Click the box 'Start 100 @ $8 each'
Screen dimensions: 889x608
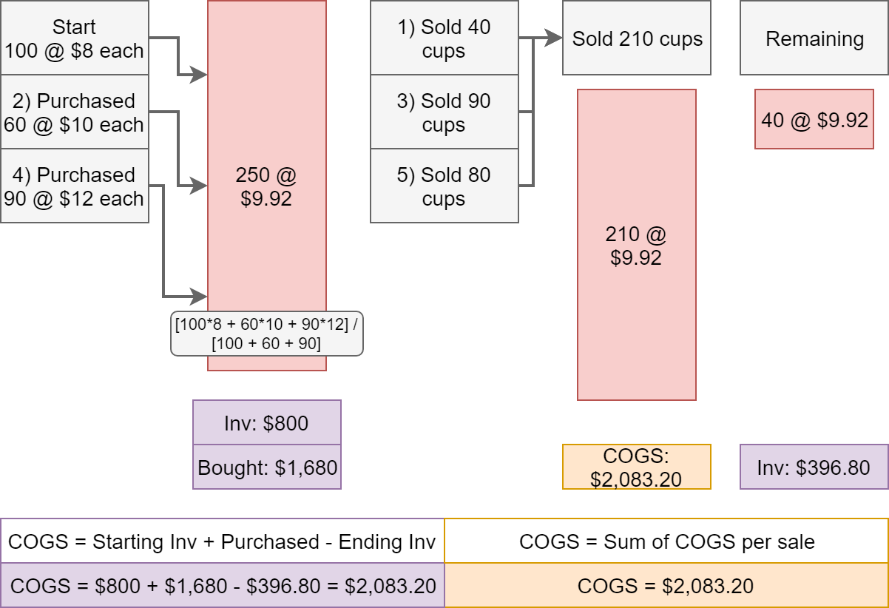[75, 38]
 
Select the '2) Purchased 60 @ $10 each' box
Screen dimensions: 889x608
[75, 112]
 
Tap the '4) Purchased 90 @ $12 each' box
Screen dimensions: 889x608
[75, 186]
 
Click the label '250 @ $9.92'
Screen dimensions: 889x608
[266, 186]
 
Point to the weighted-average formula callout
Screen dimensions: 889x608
[267, 334]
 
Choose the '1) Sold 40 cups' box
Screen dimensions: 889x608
[444, 38]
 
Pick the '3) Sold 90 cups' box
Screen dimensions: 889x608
[444, 112]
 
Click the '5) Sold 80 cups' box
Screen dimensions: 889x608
[444, 186]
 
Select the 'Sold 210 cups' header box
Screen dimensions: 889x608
[637, 38]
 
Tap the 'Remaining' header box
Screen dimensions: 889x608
[814, 38]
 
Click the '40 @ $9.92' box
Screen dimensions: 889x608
[814, 119]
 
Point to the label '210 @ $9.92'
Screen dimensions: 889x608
[636, 246]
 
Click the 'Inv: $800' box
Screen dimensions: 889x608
[267, 422]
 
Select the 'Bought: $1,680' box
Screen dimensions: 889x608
[267, 467]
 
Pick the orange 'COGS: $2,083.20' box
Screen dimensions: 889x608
[637, 467]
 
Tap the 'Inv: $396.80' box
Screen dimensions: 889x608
[814, 467]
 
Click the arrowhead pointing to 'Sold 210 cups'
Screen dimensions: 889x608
[553, 38]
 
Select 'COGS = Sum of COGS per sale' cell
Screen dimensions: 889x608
[667, 541]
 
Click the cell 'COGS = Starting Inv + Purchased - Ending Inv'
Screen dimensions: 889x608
[222, 541]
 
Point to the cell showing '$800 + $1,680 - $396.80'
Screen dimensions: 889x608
[222, 585]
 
